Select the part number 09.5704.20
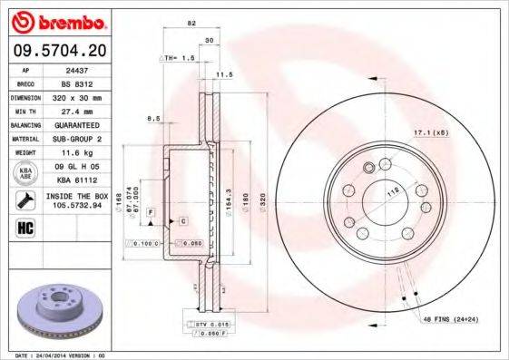(x=57, y=51)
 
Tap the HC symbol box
(x=24, y=228)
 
